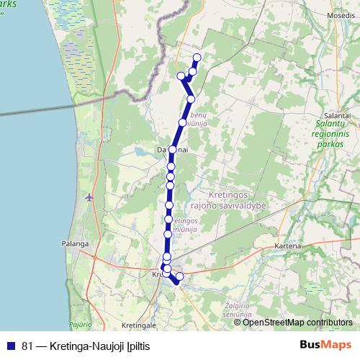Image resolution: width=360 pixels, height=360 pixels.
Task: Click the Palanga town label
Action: point(74,244)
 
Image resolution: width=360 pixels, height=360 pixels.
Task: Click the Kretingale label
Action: point(140,315)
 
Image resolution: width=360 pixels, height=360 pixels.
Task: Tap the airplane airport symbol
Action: point(89,197)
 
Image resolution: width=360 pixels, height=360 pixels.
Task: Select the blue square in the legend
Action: point(11,345)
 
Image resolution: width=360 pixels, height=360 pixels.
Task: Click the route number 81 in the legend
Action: point(27,345)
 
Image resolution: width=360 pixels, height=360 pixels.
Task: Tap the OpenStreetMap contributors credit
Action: point(297,322)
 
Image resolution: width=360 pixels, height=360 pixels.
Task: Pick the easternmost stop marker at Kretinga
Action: point(180,276)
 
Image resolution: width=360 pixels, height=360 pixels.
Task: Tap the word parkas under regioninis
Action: point(331,143)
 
